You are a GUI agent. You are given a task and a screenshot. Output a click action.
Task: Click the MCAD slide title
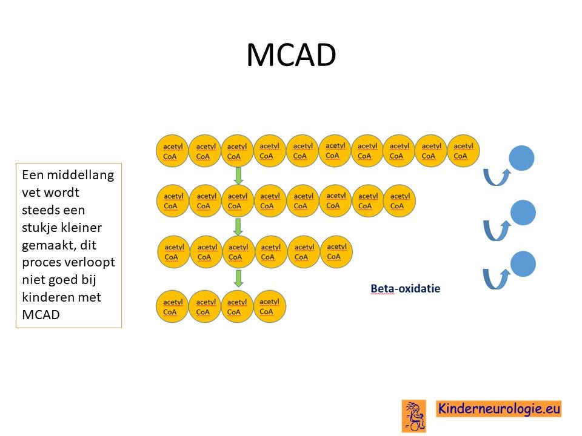pyautogui.click(x=292, y=55)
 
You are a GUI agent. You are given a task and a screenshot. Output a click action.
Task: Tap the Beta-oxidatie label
pyautogui.click(x=406, y=288)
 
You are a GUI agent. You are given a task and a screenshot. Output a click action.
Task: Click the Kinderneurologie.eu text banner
pyautogui.click(x=498, y=409)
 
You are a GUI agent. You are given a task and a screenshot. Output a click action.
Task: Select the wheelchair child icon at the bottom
pyautogui.click(x=414, y=416)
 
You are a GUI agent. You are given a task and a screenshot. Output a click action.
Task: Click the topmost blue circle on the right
pyautogui.click(x=521, y=158)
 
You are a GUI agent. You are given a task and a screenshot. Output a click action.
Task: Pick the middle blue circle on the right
pyautogui.click(x=523, y=213)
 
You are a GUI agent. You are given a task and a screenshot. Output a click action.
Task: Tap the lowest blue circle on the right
pyautogui.click(x=523, y=264)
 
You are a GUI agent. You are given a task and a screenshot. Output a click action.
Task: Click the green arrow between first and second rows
pyautogui.click(x=238, y=176)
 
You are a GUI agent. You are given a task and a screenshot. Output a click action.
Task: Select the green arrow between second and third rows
pyautogui.click(x=238, y=227)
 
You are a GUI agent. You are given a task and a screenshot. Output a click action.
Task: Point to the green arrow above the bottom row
pyautogui.click(x=238, y=279)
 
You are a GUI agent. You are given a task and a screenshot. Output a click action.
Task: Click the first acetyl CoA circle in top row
pyautogui.click(x=172, y=151)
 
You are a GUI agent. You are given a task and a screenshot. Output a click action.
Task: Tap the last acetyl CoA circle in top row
pyautogui.click(x=463, y=151)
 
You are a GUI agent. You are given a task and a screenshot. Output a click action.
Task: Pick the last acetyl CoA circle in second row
pyautogui.click(x=400, y=200)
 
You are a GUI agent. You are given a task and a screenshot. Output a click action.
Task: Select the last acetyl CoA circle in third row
pyautogui.click(x=336, y=252)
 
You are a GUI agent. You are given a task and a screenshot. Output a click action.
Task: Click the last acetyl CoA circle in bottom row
pyautogui.click(x=269, y=306)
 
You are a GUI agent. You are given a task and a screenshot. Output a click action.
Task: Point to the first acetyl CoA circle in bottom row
pyautogui.click(x=172, y=306)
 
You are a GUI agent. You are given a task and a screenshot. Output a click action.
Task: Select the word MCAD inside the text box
pyautogui.click(x=41, y=314)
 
